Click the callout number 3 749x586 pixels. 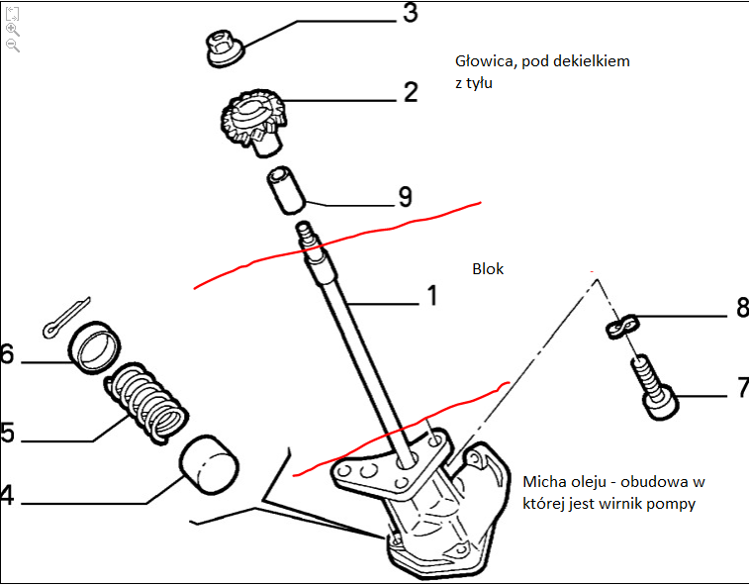tap(411, 13)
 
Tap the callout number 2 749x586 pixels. tap(411, 92)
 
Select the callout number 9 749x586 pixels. tap(405, 196)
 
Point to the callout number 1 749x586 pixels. tap(432, 295)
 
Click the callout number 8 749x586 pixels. tap(743, 307)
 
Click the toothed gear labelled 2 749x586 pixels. tap(252, 122)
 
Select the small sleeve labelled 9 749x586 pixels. tap(286, 190)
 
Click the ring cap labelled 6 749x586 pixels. tap(94, 347)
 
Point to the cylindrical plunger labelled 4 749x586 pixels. tap(209, 464)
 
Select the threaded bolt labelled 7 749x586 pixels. tap(654, 387)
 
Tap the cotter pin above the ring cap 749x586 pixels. tap(65, 318)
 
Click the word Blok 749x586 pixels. tap(488, 268)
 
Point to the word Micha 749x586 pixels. tap(542, 481)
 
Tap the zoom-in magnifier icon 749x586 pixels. tap(13, 30)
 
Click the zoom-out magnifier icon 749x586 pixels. tap(13, 46)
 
